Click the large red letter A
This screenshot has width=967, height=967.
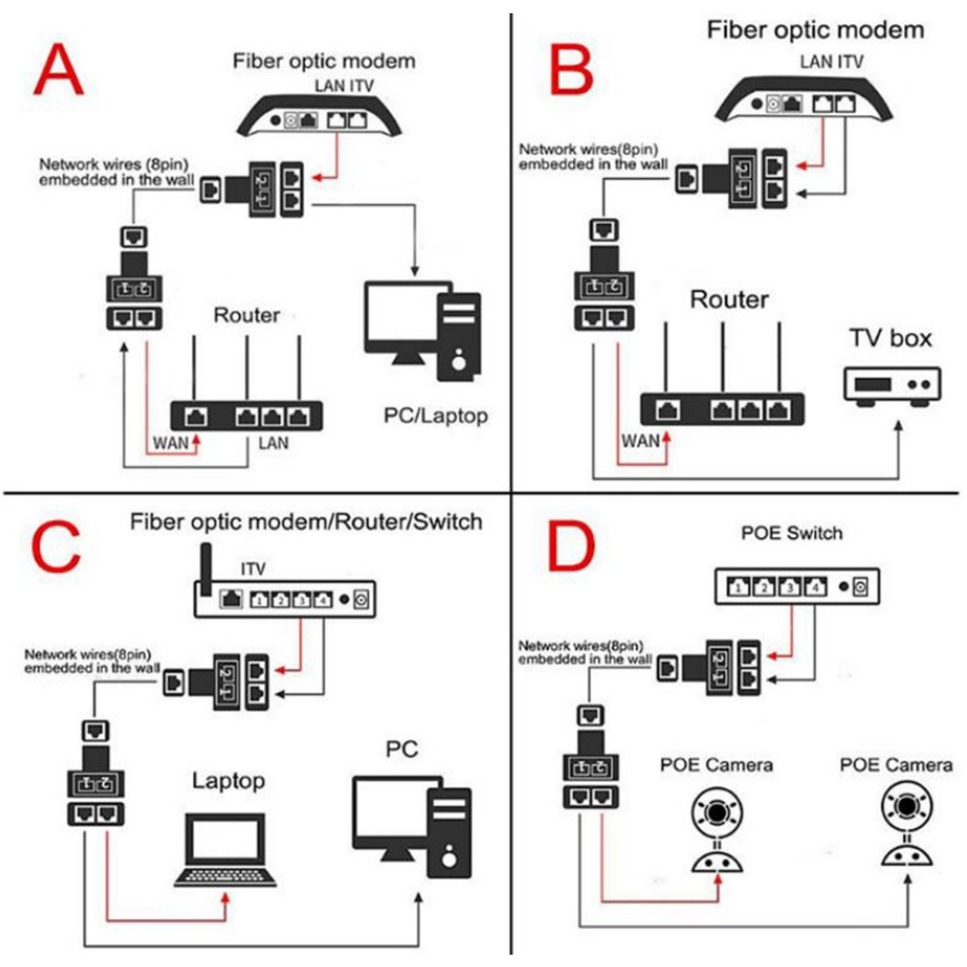[x=58, y=70]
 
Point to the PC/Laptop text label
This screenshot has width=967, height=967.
[x=436, y=415]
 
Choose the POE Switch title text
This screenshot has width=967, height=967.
[x=790, y=534]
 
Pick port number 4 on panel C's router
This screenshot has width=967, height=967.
[x=322, y=598]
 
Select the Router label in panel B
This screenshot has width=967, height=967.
[x=729, y=300]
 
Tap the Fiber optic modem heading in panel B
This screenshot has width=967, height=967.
[x=815, y=29]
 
